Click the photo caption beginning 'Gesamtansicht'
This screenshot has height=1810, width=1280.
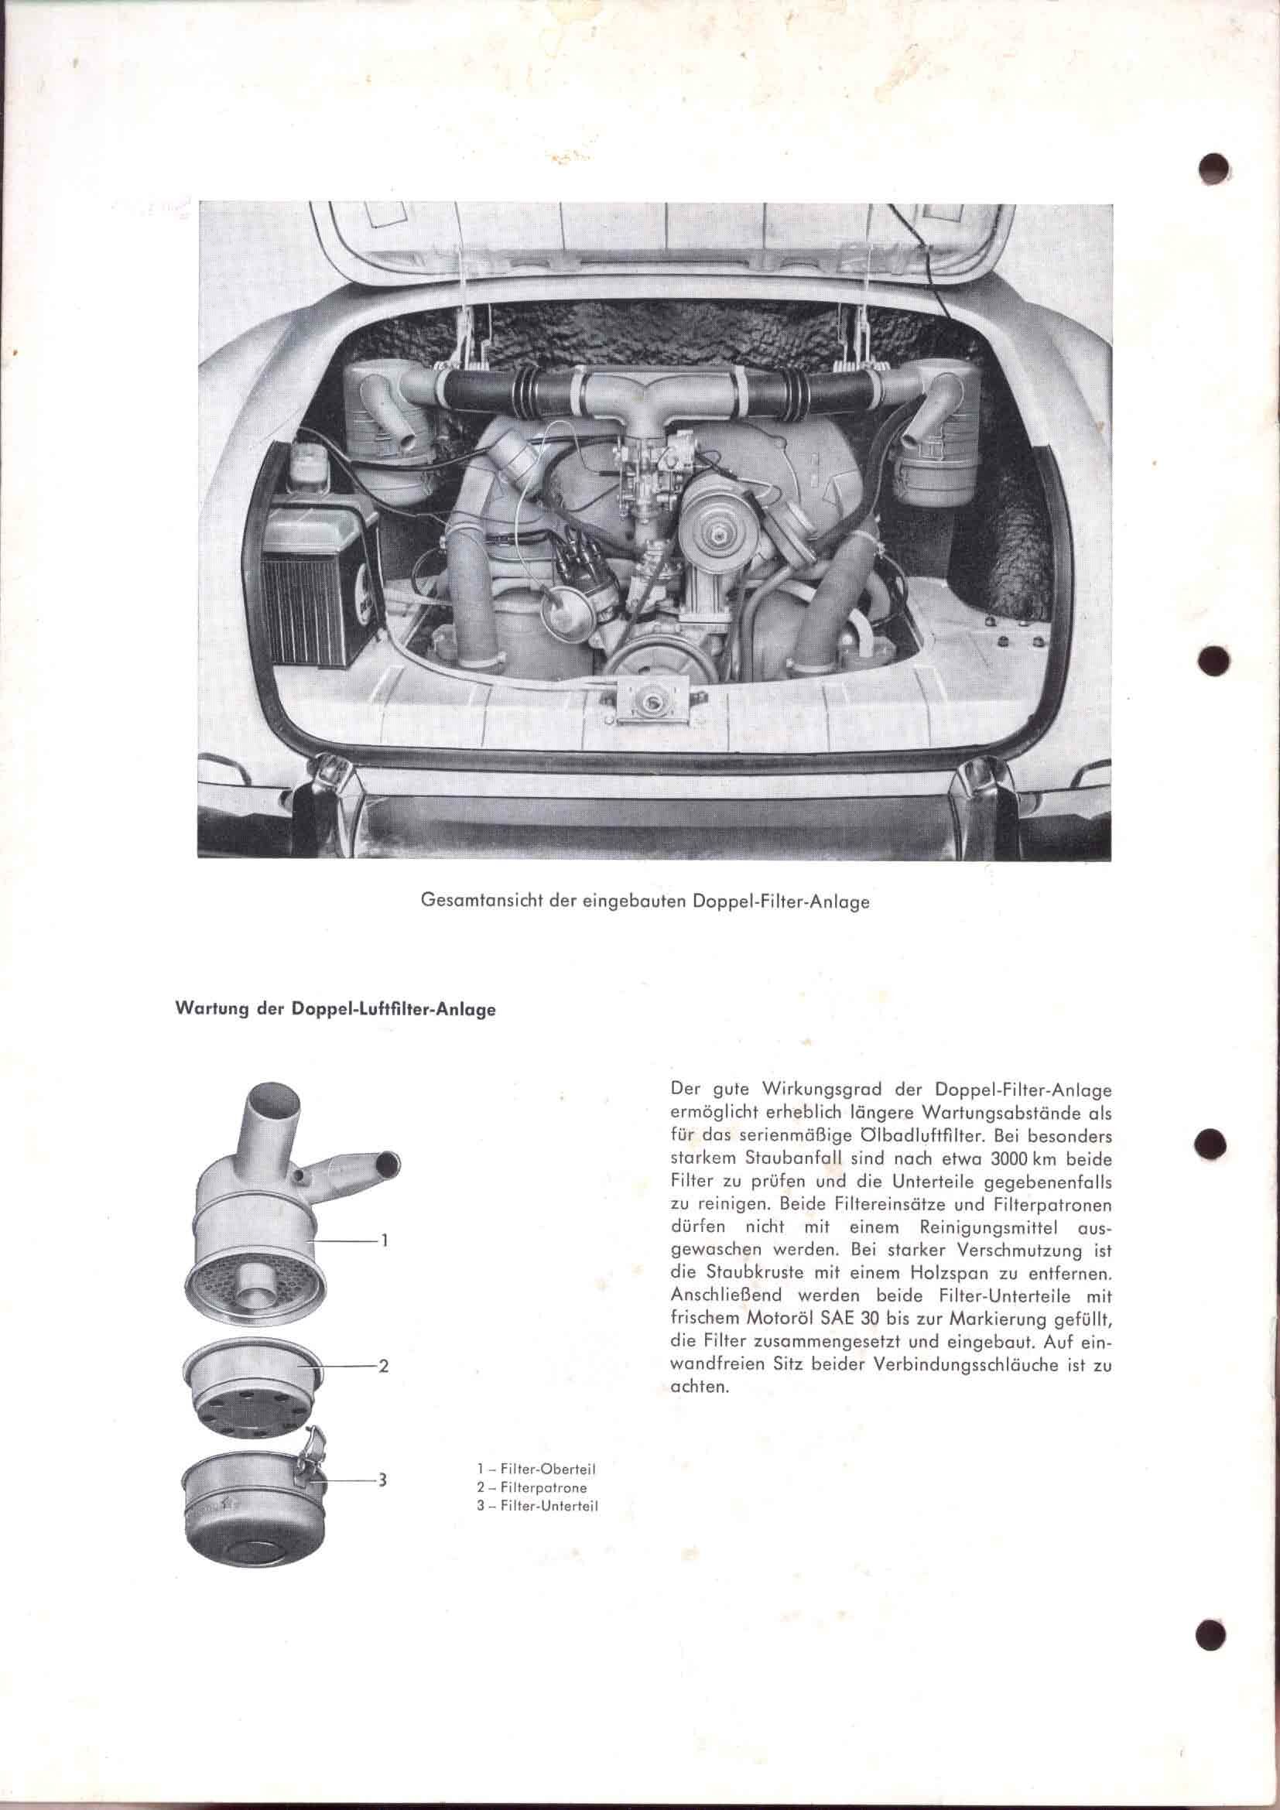pos(645,902)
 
